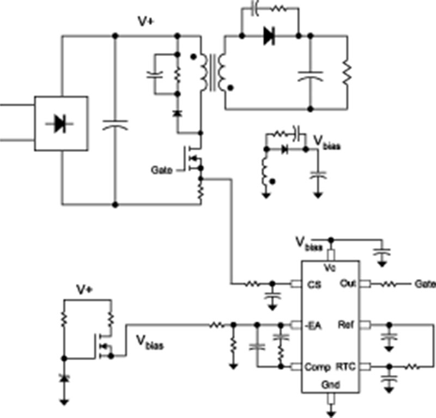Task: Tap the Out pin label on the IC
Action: click(x=347, y=283)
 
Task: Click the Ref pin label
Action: click(x=347, y=326)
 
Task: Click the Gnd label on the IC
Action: click(x=330, y=385)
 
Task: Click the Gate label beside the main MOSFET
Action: click(x=162, y=170)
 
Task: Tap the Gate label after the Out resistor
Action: click(x=425, y=284)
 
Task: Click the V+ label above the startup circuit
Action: click(x=83, y=290)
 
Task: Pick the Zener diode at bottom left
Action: click(x=64, y=378)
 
